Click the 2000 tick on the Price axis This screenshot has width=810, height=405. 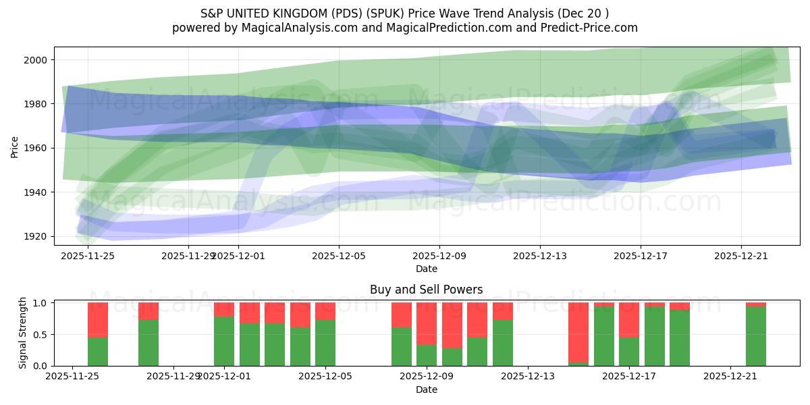[x=37, y=60]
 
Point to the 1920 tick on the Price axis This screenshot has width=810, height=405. [x=37, y=236]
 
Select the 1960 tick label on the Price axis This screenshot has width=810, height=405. [x=37, y=148]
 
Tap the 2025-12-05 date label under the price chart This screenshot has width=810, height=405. [x=339, y=256]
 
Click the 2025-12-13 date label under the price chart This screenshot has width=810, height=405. [x=540, y=256]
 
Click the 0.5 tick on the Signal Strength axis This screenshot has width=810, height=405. [x=41, y=335]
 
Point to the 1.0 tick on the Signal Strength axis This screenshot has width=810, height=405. [x=41, y=303]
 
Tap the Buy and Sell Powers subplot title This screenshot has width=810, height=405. [x=426, y=290]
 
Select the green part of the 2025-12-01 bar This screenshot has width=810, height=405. [x=224, y=341]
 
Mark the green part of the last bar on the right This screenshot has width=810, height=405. [x=756, y=336]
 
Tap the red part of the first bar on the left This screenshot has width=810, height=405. [x=98, y=319]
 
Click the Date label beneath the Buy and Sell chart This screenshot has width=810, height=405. [x=426, y=389]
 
